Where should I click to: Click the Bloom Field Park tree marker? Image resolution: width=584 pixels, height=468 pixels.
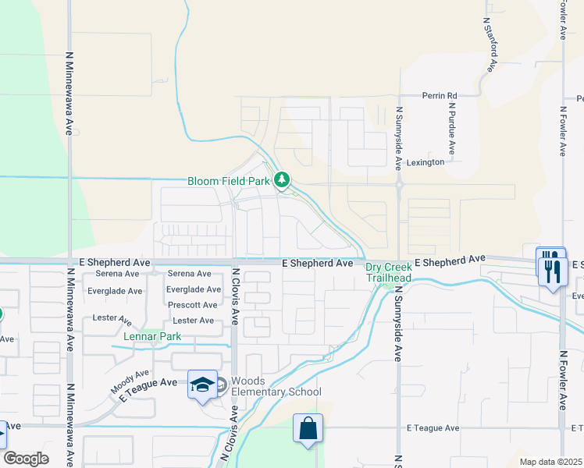(x=282, y=181)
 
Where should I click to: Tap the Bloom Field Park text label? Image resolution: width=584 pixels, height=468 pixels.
(x=229, y=181)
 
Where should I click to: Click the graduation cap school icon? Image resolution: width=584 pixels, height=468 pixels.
(x=202, y=385)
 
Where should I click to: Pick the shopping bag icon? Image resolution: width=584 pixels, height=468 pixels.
(x=308, y=427)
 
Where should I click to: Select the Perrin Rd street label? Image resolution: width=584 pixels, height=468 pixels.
(x=440, y=96)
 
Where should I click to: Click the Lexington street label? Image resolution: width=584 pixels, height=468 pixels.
(x=423, y=162)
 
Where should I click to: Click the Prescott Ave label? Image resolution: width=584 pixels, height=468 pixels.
(x=192, y=305)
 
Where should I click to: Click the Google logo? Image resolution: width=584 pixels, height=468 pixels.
(x=27, y=458)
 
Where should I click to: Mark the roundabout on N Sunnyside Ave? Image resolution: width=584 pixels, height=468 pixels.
(x=399, y=186)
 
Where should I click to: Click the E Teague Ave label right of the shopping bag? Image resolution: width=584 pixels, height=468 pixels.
(x=433, y=427)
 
